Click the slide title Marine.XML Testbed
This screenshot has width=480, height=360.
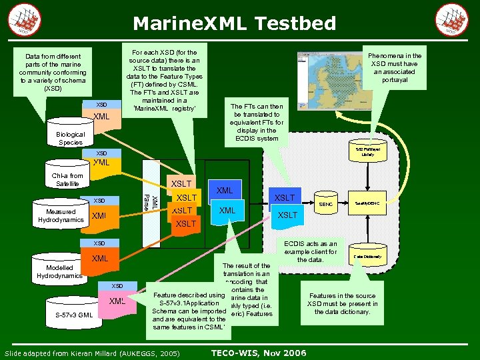click(x=234, y=24)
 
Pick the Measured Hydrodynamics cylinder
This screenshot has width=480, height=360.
click(x=61, y=216)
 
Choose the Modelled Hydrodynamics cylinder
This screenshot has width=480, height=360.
click(x=59, y=271)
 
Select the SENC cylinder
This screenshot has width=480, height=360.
click(x=326, y=204)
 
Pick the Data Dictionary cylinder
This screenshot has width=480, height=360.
click(x=367, y=255)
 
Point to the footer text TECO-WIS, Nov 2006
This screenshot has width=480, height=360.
click(x=258, y=352)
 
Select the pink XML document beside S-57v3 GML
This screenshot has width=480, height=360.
click(x=117, y=302)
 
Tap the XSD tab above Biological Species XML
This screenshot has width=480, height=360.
click(x=101, y=105)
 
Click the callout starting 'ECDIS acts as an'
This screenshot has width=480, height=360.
click(x=310, y=251)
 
